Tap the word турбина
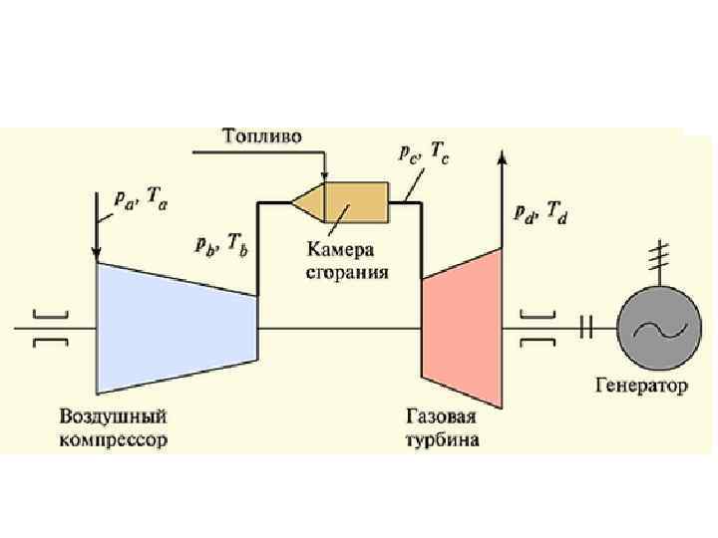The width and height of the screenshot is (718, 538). [442, 438]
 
